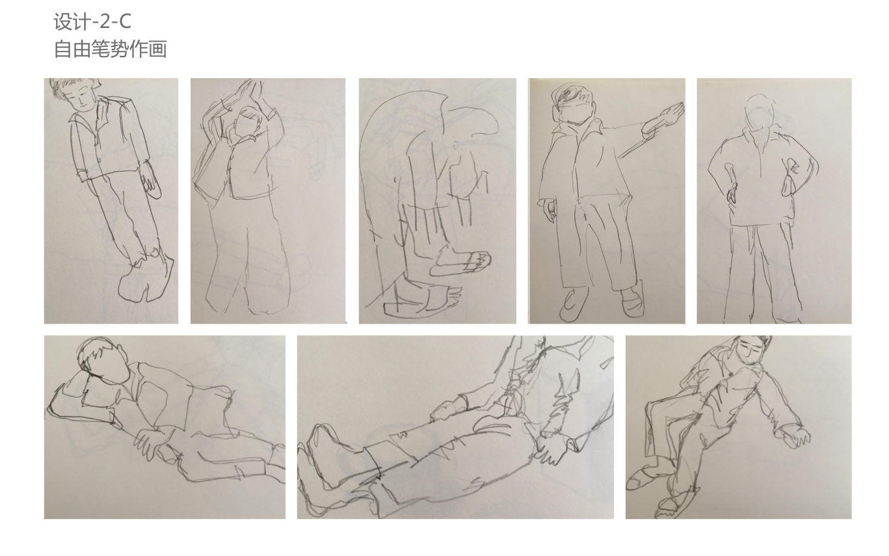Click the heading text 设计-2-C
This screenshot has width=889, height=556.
pos(92,21)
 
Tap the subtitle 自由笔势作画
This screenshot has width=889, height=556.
pos(110,49)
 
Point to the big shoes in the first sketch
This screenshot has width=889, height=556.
pos(146,278)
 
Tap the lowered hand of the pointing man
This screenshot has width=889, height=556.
pos(550,211)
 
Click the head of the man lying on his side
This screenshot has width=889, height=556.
pos(102,359)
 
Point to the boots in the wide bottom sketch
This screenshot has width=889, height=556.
pos(338,461)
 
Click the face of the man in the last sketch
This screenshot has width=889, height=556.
pos(748,352)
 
